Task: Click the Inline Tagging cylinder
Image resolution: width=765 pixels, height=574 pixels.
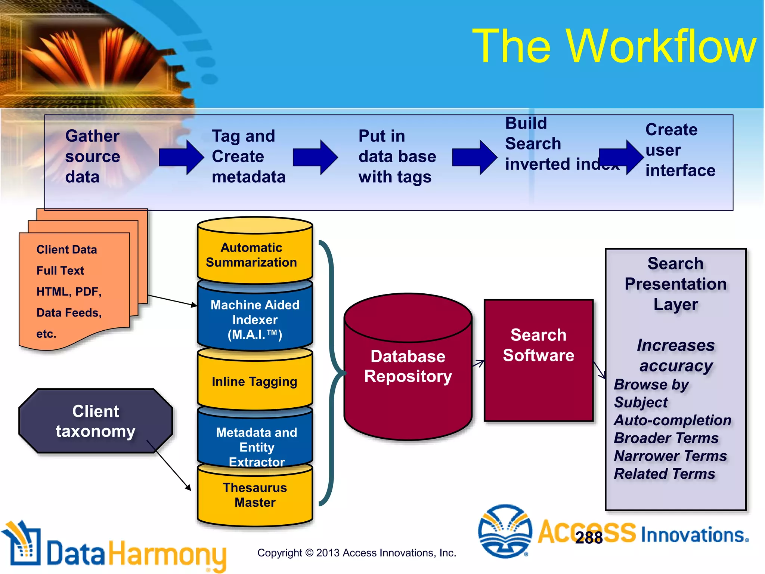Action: [255, 382]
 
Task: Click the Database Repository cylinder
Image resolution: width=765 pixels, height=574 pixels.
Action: [408, 366]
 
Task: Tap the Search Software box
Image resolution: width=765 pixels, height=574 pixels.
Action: [538, 361]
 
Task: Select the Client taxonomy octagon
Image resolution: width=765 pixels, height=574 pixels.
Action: [95, 421]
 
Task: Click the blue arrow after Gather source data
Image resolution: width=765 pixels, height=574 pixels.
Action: [181, 157]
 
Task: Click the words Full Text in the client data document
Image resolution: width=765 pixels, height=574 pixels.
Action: [60, 271]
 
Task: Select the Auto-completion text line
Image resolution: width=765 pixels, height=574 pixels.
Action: [672, 420]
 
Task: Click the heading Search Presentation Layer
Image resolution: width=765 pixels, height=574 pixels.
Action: [675, 284]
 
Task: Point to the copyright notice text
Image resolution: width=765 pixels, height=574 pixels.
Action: [356, 553]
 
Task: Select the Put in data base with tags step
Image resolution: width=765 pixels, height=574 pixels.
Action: [397, 157]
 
